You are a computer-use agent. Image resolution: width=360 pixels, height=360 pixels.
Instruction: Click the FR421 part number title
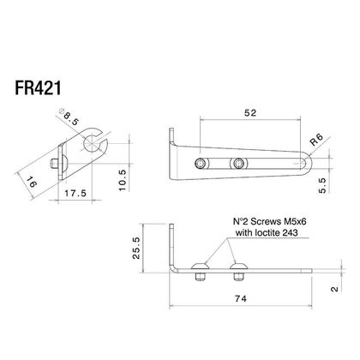tap(38, 88)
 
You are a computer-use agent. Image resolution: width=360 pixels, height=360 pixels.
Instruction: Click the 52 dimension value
tap(250, 113)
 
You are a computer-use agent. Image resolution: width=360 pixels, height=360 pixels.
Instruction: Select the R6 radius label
tap(317, 140)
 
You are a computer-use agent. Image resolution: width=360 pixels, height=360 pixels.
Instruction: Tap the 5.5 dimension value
tap(322, 185)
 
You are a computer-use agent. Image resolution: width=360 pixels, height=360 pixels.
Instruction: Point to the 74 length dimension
tap(241, 299)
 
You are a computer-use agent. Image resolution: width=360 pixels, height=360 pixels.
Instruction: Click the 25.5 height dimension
tap(136, 248)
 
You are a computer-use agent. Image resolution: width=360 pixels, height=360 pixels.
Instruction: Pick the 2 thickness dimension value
tap(334, 289)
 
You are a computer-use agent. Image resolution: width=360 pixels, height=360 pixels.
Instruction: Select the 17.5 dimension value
tap(75, 194)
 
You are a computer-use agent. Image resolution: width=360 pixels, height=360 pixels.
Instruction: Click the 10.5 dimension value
tap(122, 180)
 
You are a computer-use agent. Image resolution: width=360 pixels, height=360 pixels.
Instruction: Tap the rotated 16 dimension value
tap(32, 182)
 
